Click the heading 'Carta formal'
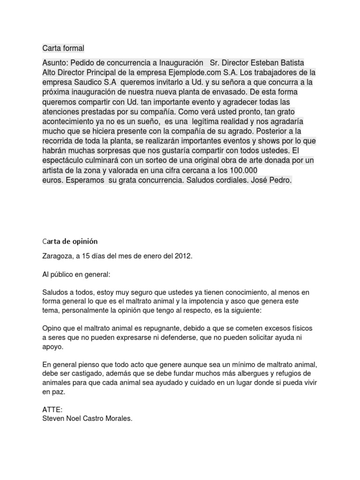click(x=63, y=48)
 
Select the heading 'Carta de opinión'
click(x=70, y=241)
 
